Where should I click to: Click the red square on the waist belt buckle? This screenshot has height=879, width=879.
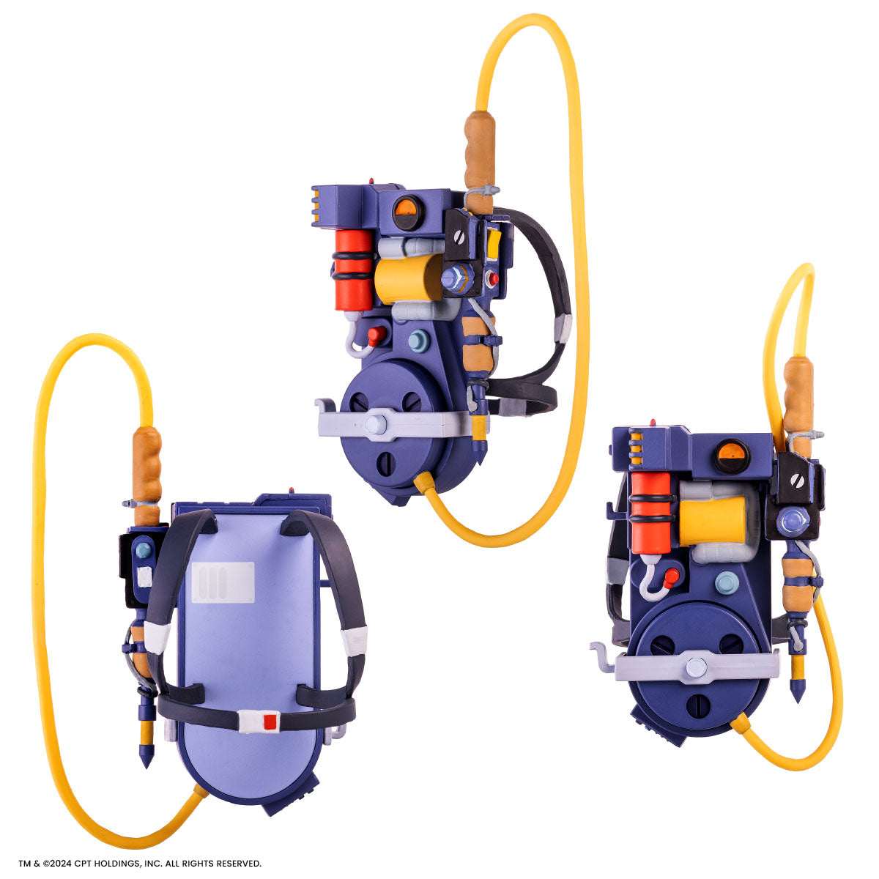point(270,722)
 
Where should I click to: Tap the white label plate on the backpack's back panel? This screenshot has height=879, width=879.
point(223,582)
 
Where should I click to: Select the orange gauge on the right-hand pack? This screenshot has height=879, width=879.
point(731,456)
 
